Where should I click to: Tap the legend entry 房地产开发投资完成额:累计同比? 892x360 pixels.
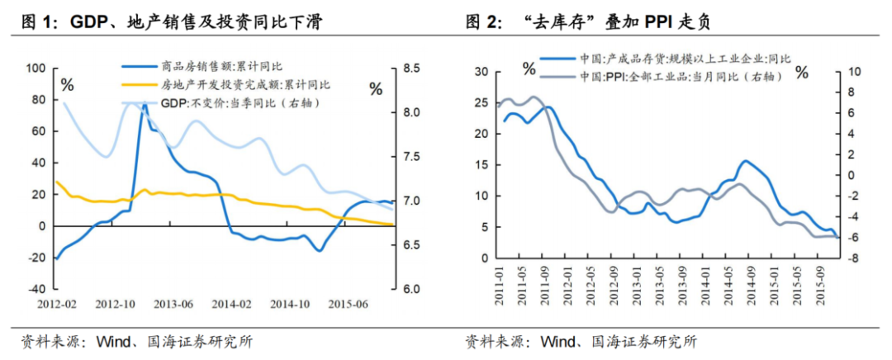(x=245, y=84)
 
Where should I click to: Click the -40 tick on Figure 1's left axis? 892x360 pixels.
(x=37, y=290)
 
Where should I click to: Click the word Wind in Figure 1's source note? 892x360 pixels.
(x=113, y=341)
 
